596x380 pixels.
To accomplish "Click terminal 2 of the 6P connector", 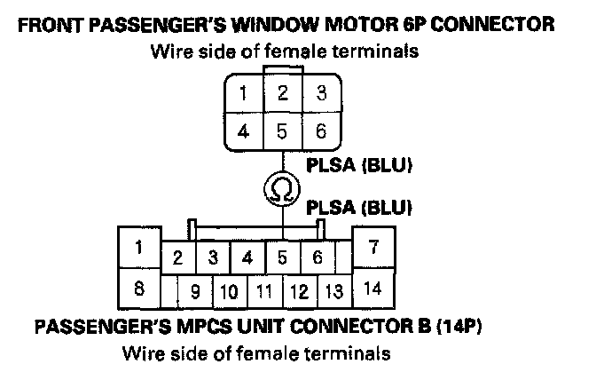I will [282, 93].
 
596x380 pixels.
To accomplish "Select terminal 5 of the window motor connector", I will [282, 131].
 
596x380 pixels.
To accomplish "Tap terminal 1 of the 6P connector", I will [242, 93].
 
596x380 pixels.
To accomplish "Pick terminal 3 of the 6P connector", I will [321, 93].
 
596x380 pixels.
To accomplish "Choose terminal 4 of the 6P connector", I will [242, 131].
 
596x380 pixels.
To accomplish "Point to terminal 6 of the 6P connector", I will [321, 131].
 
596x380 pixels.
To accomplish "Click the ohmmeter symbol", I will [282, 190].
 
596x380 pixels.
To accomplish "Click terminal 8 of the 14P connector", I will [138, 288].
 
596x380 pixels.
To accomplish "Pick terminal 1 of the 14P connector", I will [138, 246].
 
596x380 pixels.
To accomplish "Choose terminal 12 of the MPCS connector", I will [299, 290].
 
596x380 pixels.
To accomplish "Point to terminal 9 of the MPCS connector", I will [195, 290].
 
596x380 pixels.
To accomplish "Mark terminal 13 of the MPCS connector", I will [333, 290].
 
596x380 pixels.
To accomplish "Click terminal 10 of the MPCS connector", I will [229, 290].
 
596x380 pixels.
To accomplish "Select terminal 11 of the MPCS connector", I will [263, 290].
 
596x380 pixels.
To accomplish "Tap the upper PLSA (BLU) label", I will [361, 165].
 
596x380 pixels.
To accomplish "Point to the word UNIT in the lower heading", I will [246, 326].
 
